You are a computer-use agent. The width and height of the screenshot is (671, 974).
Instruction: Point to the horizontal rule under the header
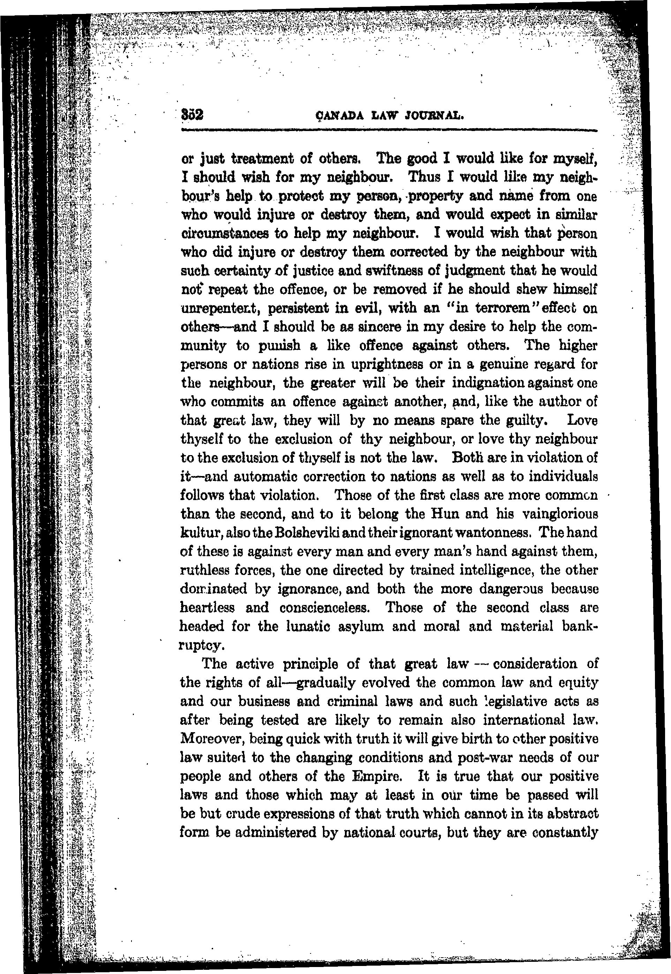click(x=389, y=131)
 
